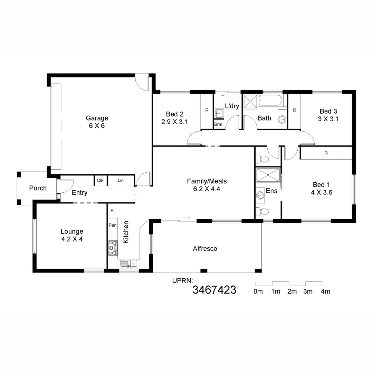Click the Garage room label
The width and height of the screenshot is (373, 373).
(97, 118)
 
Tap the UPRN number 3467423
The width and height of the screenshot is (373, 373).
(214, 289)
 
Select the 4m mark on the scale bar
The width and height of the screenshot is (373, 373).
(325, 291)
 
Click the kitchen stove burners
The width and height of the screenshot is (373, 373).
(112, 248)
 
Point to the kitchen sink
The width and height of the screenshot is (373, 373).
(128, 264)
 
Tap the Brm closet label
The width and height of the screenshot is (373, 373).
(218, 124)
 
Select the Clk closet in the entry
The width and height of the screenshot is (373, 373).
(100, 180)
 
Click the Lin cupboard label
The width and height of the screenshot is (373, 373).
(121, 180)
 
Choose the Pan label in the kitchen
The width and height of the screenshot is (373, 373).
(112, 225)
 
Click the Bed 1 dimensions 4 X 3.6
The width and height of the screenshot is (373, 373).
(321, 193)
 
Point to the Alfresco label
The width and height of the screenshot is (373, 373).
(205, 248)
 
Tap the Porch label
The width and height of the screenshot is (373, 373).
(38, 188)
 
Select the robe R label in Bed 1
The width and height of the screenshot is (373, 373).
(326, 153)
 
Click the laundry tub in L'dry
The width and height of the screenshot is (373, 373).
(218, 113)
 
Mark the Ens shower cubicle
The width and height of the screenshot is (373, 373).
(268, 174)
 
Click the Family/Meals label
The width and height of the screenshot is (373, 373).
(207, 181)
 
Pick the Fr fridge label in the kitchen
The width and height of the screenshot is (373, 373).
(113, 210)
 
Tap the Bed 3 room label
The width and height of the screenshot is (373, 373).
(328, 111)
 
